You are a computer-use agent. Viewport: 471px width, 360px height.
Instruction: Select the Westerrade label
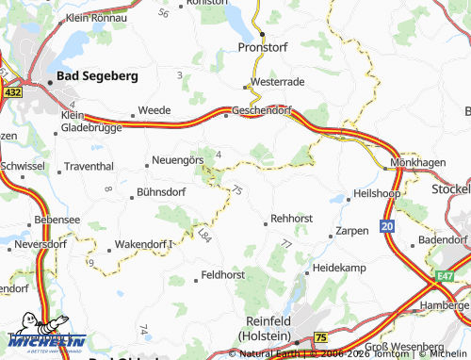click(x=278, y=82)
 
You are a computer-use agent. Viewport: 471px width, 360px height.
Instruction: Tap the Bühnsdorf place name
click(x=161, y=191)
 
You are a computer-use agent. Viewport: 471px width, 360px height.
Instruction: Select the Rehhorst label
click(x=291, y=218)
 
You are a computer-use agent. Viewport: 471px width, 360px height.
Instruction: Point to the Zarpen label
click(x=351, y=230)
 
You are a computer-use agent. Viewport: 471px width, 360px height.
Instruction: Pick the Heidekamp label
click(x=338, y=269)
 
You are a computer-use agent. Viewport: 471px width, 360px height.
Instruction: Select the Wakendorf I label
click(x=146, y=244)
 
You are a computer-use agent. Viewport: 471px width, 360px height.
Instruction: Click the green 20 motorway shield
click(x=388, y=226)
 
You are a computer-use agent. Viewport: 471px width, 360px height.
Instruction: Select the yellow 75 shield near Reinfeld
click(x=320, y=336)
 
